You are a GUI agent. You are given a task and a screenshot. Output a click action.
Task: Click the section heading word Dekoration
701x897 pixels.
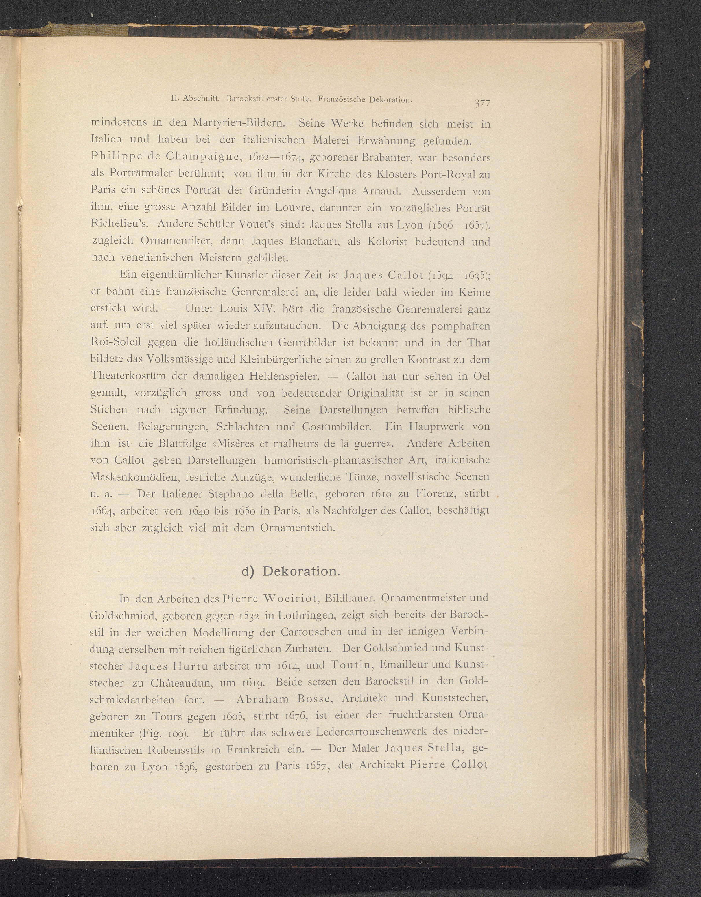[301, 571]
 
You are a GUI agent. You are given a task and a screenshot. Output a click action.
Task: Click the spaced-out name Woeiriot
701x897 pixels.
[291, 598]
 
